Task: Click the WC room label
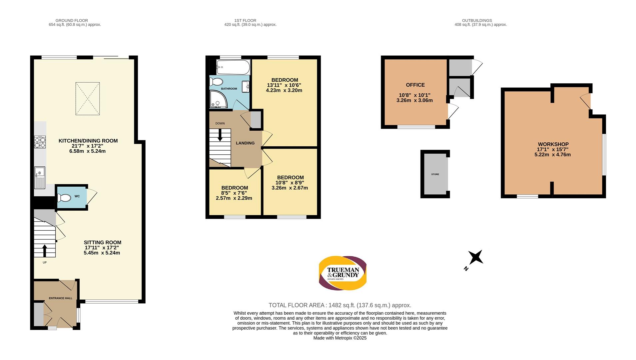(77, 196)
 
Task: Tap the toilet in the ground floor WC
(64, 198)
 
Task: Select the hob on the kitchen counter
(40, 142)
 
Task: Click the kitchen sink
(39, 178)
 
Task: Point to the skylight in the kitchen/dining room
(88, 99)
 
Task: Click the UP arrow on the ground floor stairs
(45, 251)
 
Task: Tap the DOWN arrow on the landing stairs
(220, 135)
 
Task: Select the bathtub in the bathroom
(233, 67)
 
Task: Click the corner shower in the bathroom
(219, 100)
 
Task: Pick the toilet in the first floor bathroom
(217, 82)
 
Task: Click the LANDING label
(245, 143)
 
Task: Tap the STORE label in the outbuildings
(435, 174)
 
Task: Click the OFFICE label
(415, 85)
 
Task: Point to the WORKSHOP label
(553, 144)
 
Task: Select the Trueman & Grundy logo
(343, 273)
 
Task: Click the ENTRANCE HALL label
(61, 298)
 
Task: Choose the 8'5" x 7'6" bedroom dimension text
(234, 193)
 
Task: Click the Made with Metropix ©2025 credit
(340, 338)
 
